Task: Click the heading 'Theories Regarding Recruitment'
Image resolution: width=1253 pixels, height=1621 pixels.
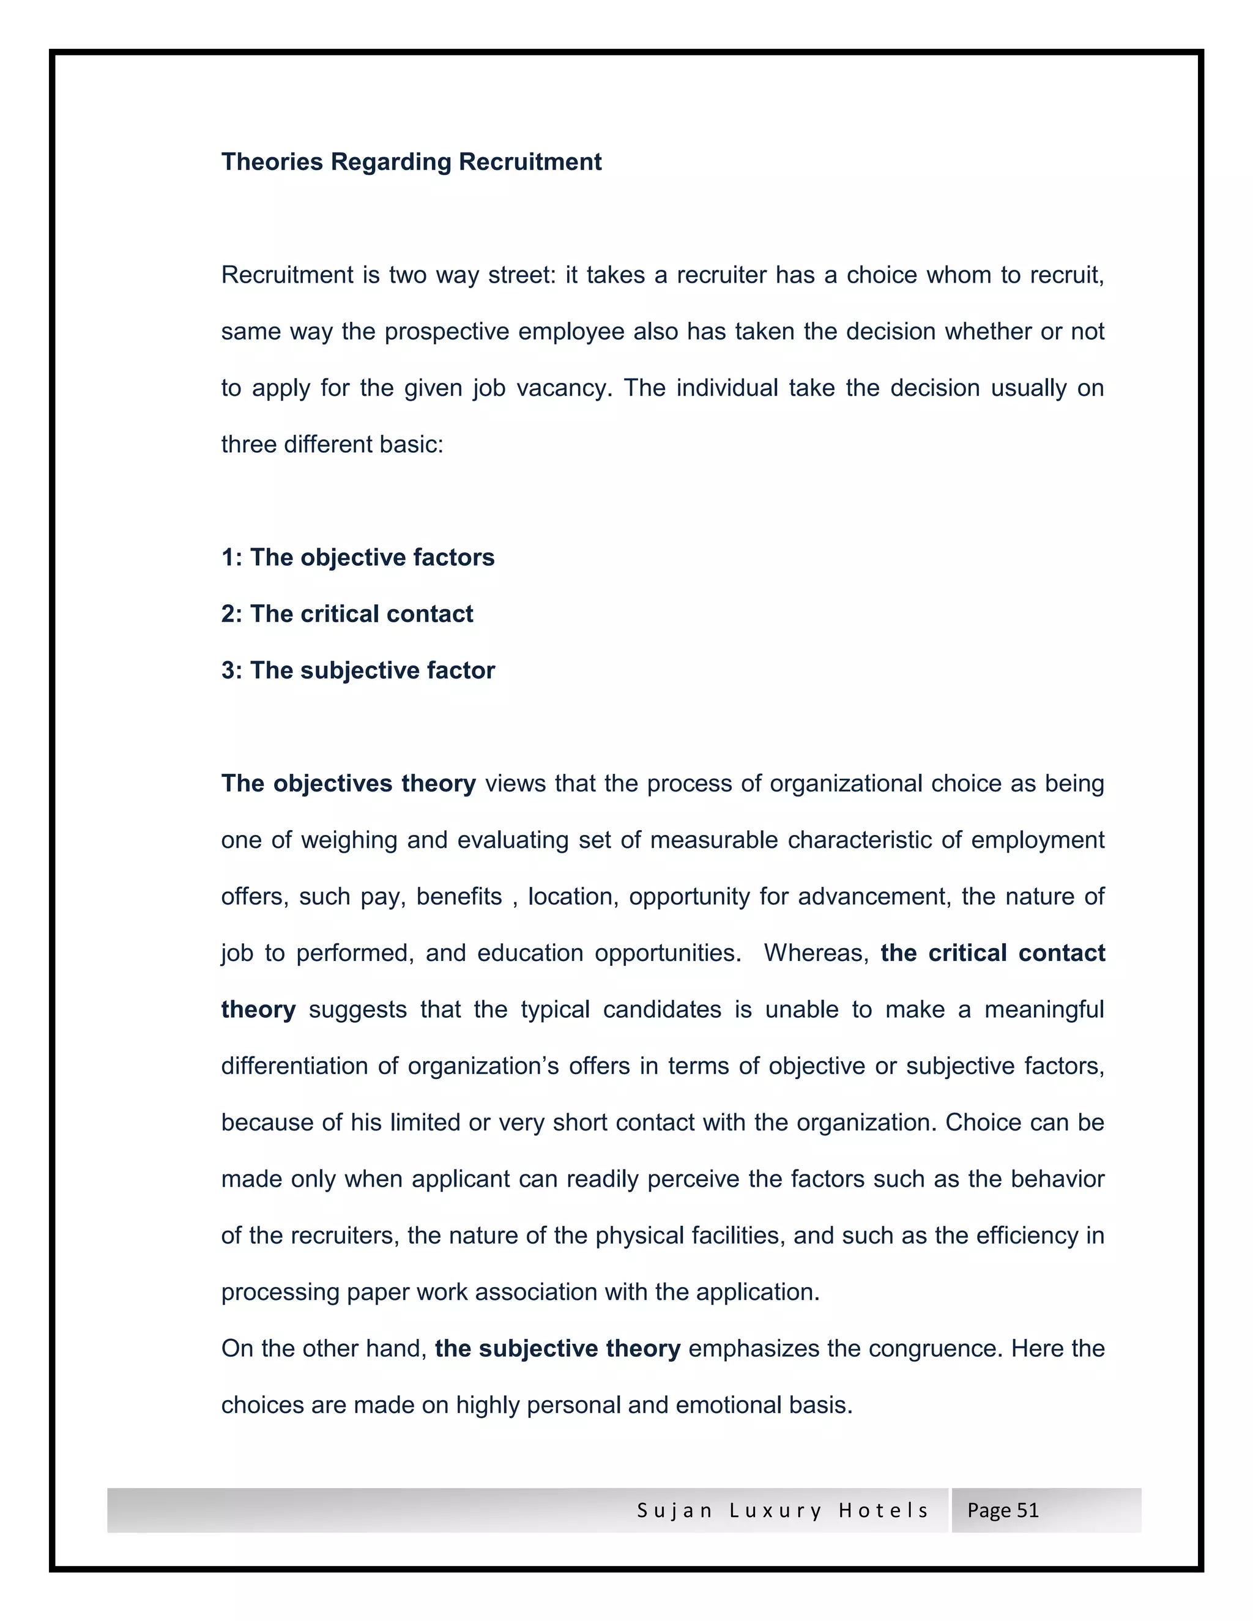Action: [411, 162]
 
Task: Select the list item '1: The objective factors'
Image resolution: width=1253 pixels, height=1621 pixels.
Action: [358, 557]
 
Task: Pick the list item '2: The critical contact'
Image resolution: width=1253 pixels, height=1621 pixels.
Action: [347, 614]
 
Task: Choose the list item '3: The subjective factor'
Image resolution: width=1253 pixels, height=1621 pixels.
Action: [358, 670]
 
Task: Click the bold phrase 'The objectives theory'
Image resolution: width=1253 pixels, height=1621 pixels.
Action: [348, 783]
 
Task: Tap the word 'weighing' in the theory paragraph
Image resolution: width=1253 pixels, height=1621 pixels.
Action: [349, 840]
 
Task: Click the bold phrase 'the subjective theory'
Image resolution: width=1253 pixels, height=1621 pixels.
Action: [557, 1349]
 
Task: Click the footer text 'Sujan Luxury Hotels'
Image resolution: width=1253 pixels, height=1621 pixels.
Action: [783, 1511]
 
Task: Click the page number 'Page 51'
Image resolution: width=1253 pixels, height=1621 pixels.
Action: [1002, 1511]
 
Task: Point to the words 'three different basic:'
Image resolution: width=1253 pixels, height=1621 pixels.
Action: [332, 445]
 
